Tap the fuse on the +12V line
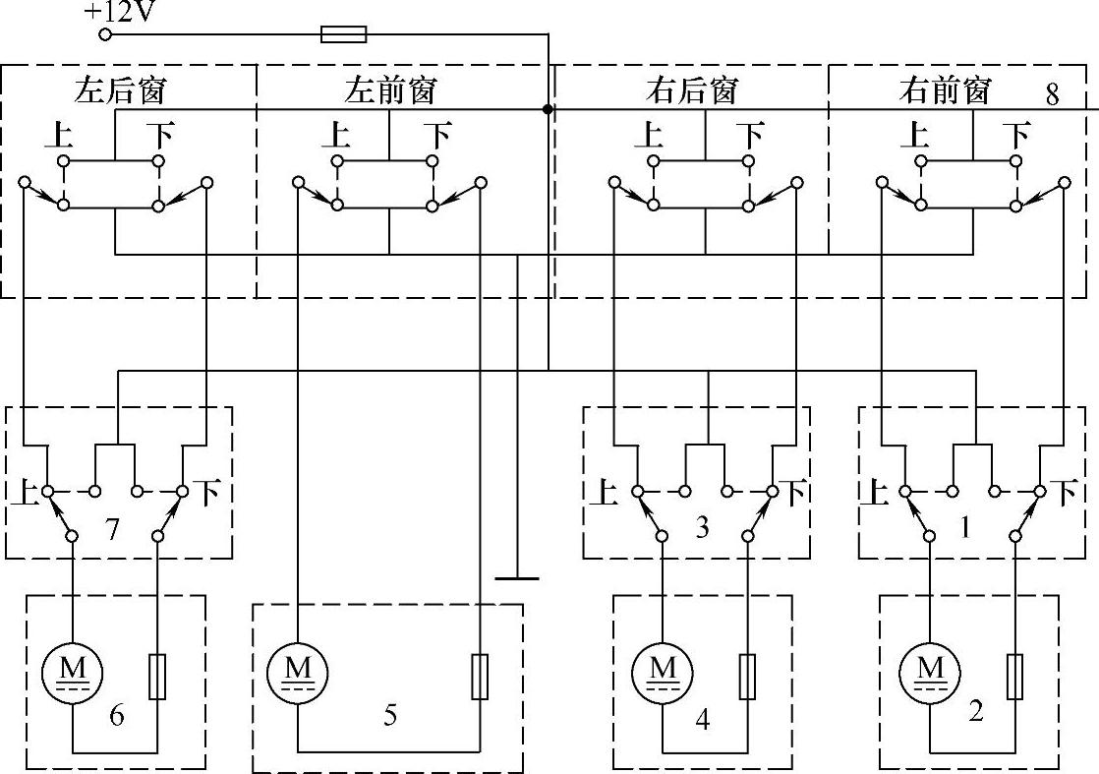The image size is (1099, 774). (344, 35)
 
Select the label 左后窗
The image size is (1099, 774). (120, 90)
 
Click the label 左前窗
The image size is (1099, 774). (389, 90)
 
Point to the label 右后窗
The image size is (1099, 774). (691, 90)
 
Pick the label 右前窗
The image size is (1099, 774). (944, 90)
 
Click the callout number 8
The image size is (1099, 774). (1053, 94)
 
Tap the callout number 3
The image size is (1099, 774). (702, 528)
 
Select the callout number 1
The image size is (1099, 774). (965, 528)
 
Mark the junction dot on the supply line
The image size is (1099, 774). (548, 109)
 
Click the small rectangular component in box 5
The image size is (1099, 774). (480, 676)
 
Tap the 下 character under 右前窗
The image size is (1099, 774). (1015, 133)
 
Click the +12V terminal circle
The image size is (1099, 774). (106, 35)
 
